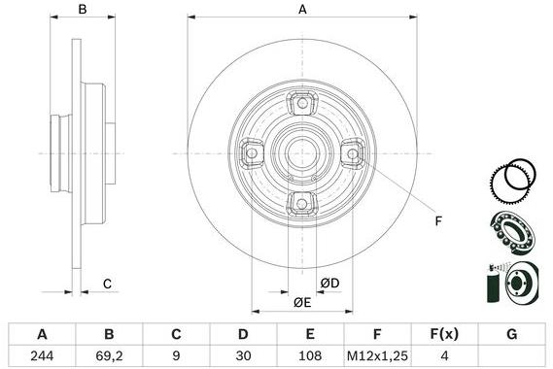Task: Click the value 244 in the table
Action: tap(42, 355)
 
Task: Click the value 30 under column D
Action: tap(243, 355)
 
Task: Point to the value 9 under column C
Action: tap(176, 355)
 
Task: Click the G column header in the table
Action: tap(511, 334)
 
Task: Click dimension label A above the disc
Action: tap(302, 10)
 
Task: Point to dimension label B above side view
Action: tap(83, 10)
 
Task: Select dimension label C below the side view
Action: tap(108, 284)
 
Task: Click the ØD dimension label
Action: tap(331, 283)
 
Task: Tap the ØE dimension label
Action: tap(302, 303)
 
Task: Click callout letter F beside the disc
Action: tap(437, 221)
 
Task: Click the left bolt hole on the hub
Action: tap(251, 151)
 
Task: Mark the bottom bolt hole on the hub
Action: tap(301, 202)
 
